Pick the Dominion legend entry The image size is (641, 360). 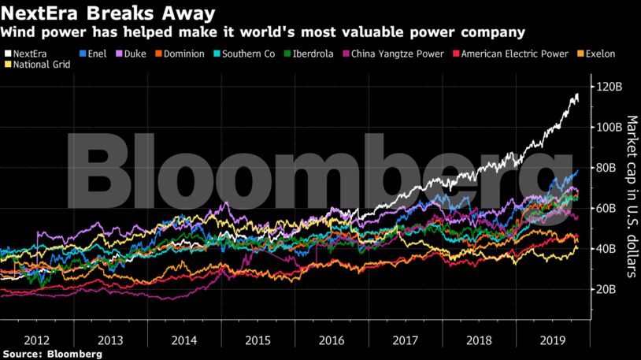180,54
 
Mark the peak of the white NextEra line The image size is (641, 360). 577,95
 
